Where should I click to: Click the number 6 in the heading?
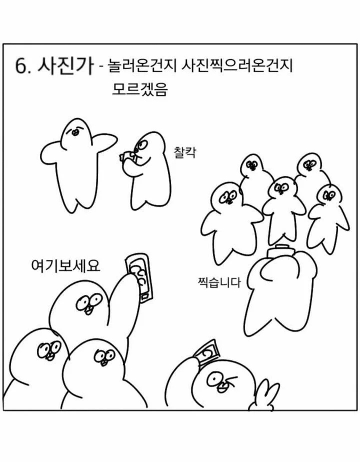click(20, 67)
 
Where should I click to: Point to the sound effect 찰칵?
click(185, 152)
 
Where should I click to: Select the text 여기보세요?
click(65, 265)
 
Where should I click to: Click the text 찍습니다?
click(219, 282)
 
